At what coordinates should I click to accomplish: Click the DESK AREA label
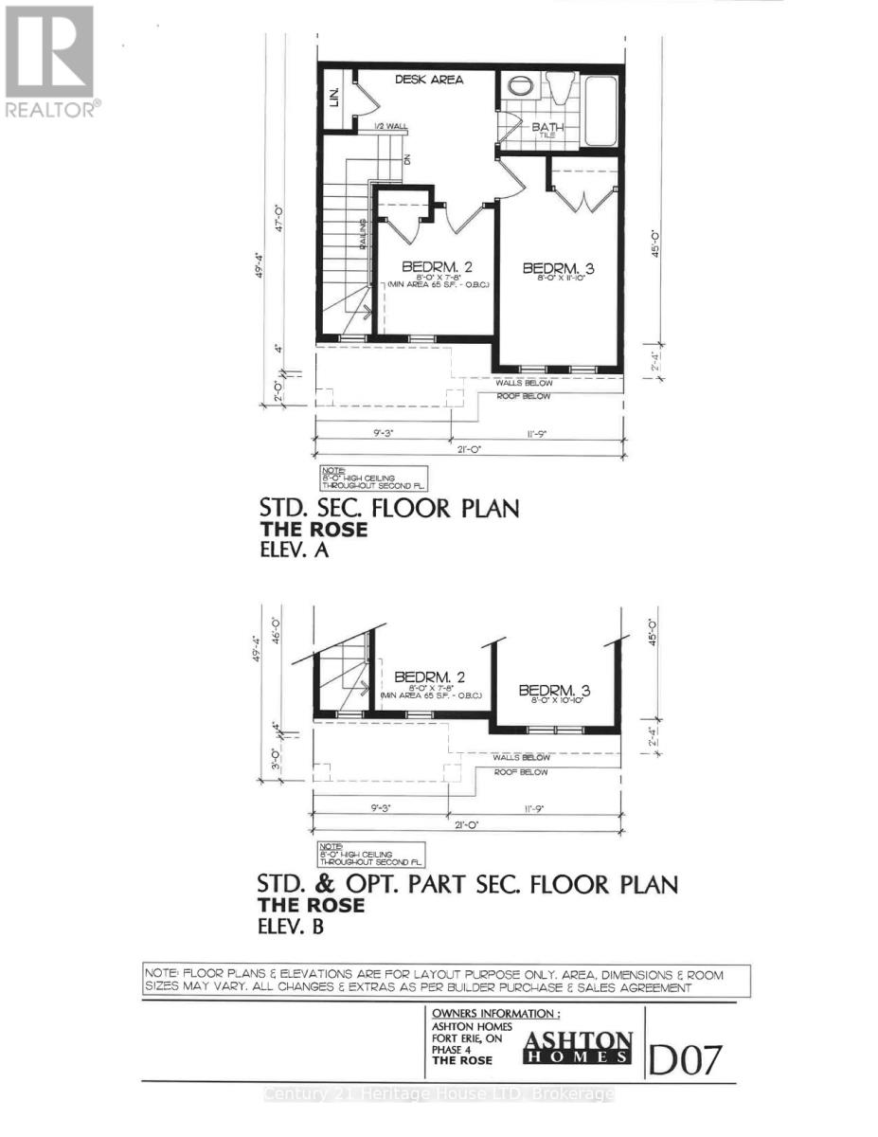pos(429,80)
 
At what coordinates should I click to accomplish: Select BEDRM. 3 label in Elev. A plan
pos(559,268)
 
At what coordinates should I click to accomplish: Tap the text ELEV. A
pos(293,550)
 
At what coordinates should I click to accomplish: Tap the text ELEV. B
pos(292,927)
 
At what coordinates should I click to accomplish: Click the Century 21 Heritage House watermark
pos(439,1094)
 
